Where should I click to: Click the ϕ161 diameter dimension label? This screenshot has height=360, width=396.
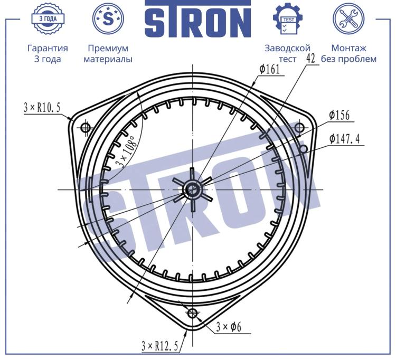(x=270, y=69)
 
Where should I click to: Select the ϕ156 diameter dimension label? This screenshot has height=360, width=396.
(x=340, y=115)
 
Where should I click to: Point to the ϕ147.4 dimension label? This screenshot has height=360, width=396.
(x=344, y=139)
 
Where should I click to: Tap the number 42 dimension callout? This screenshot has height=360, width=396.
(x=310, y=58)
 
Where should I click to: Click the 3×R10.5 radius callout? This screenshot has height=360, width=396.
(x=42, y=108)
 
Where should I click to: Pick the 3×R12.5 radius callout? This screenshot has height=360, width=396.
(x=160, y=346)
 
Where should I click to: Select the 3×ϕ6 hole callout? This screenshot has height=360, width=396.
(x=229, y=327)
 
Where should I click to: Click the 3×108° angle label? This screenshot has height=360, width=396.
(x=126, y=151)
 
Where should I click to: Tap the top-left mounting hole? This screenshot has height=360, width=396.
(x=84, y=127)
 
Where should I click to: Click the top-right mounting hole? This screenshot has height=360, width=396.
(x=299, y=127)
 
